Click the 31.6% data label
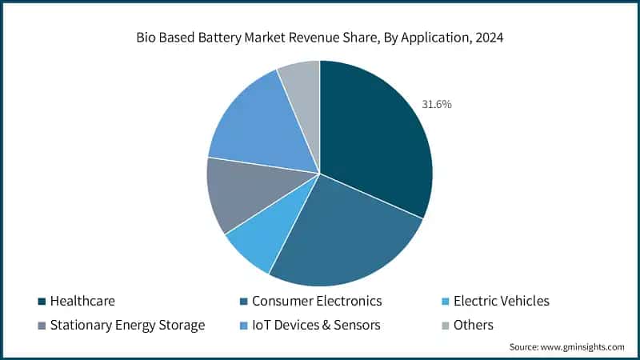coord(436,104)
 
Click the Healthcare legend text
coord(82,302)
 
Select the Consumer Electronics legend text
coord(317,302)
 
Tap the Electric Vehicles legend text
coord(502,302)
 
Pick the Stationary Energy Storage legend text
coord(127,325)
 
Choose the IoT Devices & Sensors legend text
coord(316,325)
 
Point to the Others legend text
coord(473,325)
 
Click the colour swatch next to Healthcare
coord(42,302)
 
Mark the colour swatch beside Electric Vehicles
coord(445,302)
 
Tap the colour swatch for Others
coord(445,325)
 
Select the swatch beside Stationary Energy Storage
coord(42,325)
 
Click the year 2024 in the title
coord(487,38)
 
